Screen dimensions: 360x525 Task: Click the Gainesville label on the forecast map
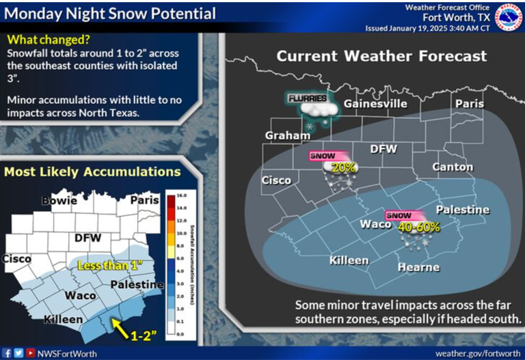coord(375,104)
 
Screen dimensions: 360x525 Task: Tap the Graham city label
coord(287,135)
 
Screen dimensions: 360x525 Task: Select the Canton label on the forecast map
coord(452,167)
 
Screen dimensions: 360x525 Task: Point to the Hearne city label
coord(418,267)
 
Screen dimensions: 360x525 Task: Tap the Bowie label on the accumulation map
coord(59,201)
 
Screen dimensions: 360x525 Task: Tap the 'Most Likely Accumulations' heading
coord(92,172)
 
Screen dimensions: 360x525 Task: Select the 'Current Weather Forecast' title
coord(381,56)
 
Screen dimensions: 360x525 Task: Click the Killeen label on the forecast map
coord(349,260)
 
